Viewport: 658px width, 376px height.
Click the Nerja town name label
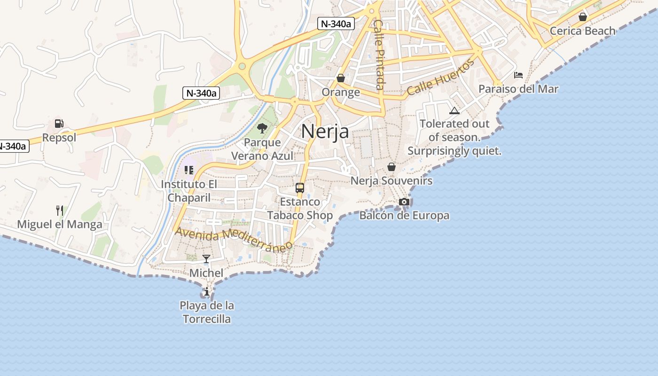pos(325,131)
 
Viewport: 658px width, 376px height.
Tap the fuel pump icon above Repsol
pos(59,124)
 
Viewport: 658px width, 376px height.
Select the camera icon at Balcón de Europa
pos(404,202)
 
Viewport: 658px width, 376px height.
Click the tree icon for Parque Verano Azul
pos(262,128)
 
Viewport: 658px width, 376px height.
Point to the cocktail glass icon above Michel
pos(206,259)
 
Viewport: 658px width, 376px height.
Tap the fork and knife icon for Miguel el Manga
pos(59,210)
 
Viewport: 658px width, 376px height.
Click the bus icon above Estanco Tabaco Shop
pos(300,188)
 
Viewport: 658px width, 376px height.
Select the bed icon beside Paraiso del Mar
pos(518,75)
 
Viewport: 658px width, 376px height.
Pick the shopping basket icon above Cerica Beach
pos(583,17)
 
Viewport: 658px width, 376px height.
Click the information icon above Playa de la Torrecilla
pos(207,292)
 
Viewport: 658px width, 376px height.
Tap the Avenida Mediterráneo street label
pos(233,237)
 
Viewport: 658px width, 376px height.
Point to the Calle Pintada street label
pos(379,54)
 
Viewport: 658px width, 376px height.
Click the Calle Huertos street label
pos(440,78)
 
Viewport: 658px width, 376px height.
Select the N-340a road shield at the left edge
pos(13,146)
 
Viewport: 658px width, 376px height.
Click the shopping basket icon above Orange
pos(341,78)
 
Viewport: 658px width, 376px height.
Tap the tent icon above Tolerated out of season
pos(454,110)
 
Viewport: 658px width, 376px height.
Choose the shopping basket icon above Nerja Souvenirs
pos(391,167)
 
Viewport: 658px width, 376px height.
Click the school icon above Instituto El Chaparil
pos(189,170)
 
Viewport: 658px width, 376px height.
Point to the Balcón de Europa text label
pos(404,216)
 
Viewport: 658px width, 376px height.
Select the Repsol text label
pos(59,138)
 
